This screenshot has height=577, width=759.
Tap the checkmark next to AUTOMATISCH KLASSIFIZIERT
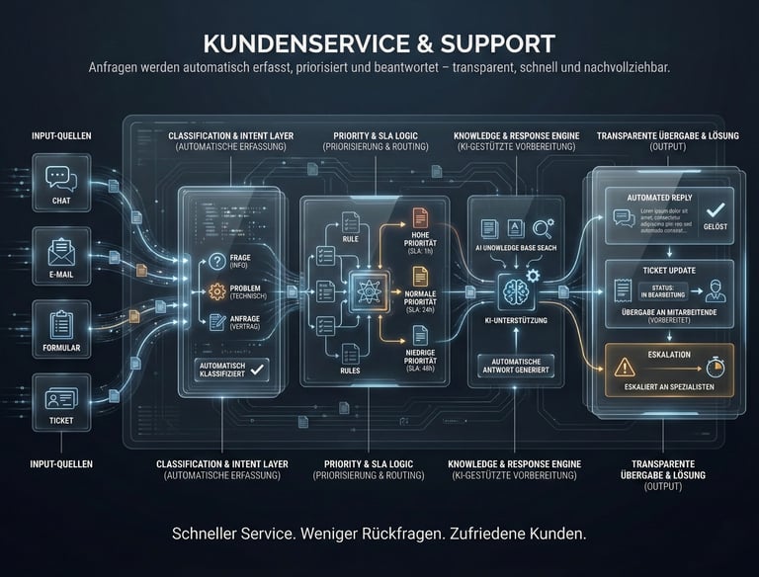point(258,368)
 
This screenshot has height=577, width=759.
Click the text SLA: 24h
point(419,309)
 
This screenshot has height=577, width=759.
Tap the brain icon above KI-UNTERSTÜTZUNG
point(517,290)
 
